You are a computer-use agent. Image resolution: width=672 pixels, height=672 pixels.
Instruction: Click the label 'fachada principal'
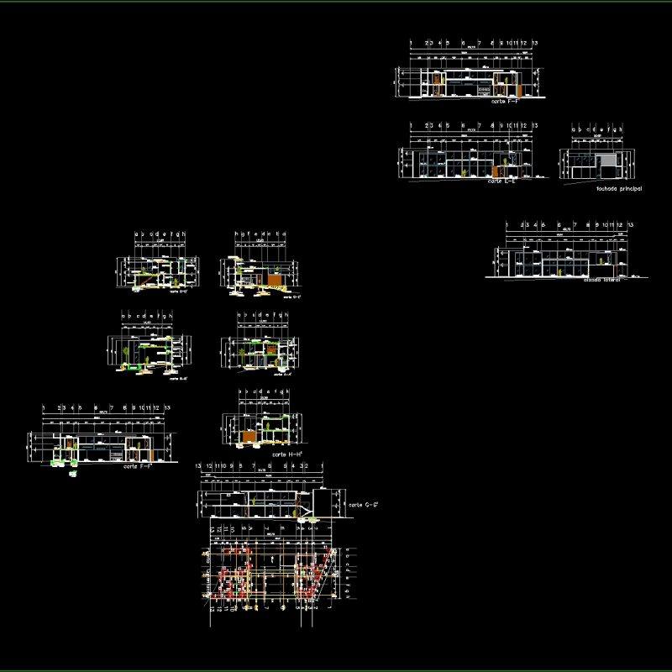[x=618, y=189]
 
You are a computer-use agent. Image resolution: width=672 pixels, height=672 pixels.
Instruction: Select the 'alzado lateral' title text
[x=601, y=280]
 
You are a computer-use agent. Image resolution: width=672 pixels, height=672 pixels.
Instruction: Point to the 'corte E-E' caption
[x=501, y=181]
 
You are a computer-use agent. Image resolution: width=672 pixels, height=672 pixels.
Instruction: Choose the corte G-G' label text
[x=365, y=504]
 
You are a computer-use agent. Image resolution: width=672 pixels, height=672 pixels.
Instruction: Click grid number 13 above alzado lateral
[x=630, y=225]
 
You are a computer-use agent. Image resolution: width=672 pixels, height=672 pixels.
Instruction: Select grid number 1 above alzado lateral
[x=507, y=225]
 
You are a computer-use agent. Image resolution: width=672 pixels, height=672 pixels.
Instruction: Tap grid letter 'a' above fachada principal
[x=573, y=129]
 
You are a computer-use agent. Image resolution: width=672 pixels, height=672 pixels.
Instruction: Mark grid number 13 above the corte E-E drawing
[x=534, y=125]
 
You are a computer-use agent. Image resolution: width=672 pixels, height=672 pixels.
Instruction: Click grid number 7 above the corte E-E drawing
[x=479, y=125]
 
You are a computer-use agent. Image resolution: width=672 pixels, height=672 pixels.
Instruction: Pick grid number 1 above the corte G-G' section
[x=323, y=466]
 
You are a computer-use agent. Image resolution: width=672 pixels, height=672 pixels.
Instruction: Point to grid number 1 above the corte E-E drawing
[x=411, y=125]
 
